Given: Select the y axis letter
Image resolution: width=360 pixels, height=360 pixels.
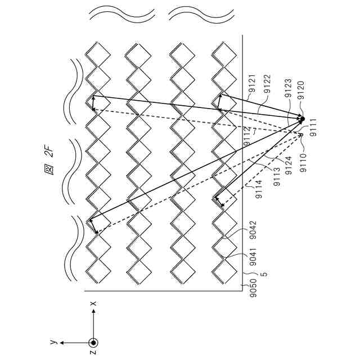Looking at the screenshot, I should tap(52, 342).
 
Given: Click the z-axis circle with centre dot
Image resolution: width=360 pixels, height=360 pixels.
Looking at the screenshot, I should tap(93, 342).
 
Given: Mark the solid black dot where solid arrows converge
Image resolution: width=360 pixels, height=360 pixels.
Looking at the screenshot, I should tap(301, 119).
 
